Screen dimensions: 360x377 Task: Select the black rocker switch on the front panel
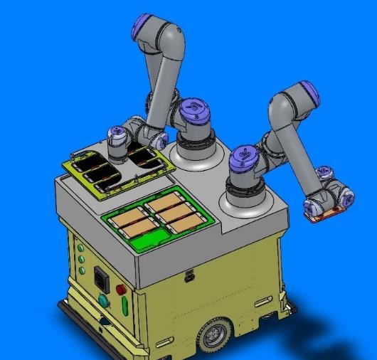(x=100, y=278)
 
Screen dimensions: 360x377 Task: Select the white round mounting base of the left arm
(x=196, y=152)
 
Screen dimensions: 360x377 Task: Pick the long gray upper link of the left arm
(x=162, y=78)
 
